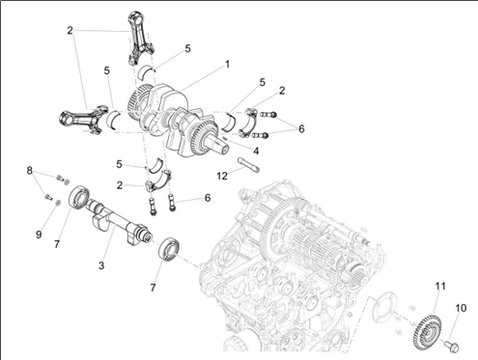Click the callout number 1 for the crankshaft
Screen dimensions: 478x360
(x=227, y=65)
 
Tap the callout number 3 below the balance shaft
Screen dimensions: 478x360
(x=101, y=265)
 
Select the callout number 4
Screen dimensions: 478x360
(x=256, y=151)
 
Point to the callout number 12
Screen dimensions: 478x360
(x=222, y=176)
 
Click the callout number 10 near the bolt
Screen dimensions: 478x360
(x=461, y=308)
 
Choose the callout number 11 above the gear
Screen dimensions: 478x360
(x=440, y=286)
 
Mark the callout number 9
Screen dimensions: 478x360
(x=39, y=235)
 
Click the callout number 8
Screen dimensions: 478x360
(x=30, y=171)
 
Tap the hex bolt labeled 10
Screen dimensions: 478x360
(x=451, y=346)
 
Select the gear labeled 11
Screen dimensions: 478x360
(x=426, y=333)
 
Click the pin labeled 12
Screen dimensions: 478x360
(x=248, y=165)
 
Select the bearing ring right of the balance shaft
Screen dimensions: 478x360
(x=168, y=249)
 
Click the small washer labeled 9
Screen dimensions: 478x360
(x=58, y=203)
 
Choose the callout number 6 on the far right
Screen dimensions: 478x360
(x=301, y=128)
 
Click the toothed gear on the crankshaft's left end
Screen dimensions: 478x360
(x=139, y=100)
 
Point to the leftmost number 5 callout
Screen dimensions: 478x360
(x=107, y=70)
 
